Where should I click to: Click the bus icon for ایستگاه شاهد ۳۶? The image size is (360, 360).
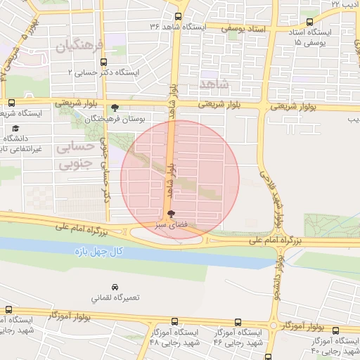tap(179, 15)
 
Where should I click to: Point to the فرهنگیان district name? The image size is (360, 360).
tap(78, 47)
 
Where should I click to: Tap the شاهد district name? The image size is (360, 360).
tap(215, 84)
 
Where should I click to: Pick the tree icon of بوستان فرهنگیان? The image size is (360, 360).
tap(115, 109)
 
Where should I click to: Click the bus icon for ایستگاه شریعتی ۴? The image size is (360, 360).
tap(11, 102)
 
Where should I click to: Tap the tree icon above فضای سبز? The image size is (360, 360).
tap(171, 214)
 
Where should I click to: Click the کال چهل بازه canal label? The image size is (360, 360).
tap(101, 251)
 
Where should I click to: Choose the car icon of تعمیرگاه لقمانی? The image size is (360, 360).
tap(116, 287)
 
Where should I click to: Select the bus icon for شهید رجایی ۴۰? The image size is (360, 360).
tap(335, 330)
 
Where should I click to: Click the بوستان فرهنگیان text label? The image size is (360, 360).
tap(115, 120)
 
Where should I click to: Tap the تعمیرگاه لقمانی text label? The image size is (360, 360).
tap(116, 297)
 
